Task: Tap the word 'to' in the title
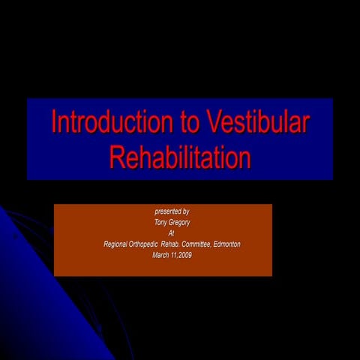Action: [186, 122]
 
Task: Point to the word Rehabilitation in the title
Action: [179, 157]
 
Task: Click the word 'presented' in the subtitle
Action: [166, 211]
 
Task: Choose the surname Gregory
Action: [180, 222]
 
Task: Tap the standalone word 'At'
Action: [172, 233]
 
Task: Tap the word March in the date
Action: [161, 256]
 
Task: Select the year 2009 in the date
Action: [185, 256]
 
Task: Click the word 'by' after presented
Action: [185, 211]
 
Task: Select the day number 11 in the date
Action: [175, 256]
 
